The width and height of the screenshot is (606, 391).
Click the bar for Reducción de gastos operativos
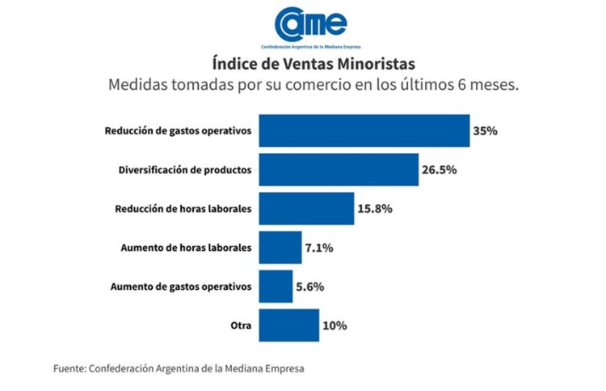pos(364,130)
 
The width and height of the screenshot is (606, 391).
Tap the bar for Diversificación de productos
pos(339,169)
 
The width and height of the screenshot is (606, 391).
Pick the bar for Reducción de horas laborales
pos(306,208)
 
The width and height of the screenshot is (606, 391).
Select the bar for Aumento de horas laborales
pos(280,247)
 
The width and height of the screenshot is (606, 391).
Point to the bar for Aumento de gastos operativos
pos(276,286)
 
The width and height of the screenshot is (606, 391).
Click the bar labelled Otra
pos(288,325)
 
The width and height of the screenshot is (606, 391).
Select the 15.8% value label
pos(376,208)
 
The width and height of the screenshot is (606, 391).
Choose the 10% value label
pos(335,325)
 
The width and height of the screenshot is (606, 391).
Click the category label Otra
pos(241,325)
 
